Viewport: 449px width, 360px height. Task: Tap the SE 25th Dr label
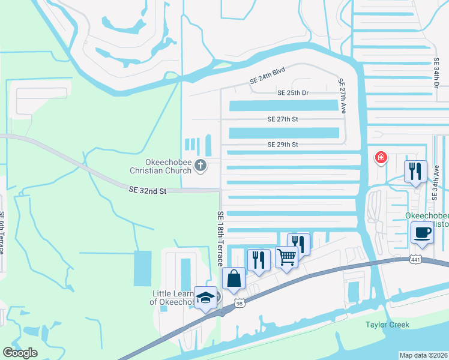[293, 93]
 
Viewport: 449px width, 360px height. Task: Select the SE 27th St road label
[283, 119]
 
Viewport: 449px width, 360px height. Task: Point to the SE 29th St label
[283, 145]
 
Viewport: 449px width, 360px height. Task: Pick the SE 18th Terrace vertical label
[220, 239]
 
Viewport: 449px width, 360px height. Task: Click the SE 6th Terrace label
[3, 232]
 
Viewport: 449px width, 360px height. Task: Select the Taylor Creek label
[387, 325]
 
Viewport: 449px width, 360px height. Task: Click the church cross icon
[200, 165]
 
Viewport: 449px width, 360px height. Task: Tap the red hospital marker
[380, 158]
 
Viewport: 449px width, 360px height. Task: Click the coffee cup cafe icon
[423, 232]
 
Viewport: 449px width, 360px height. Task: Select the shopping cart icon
[287, 257]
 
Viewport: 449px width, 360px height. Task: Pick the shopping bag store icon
[234, 278]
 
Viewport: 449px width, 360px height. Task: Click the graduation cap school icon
[205, 297]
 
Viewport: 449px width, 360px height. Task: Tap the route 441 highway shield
[415, 259]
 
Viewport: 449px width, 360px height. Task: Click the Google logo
[20, 353]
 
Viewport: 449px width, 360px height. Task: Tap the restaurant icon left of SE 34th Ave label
[415, 172]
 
